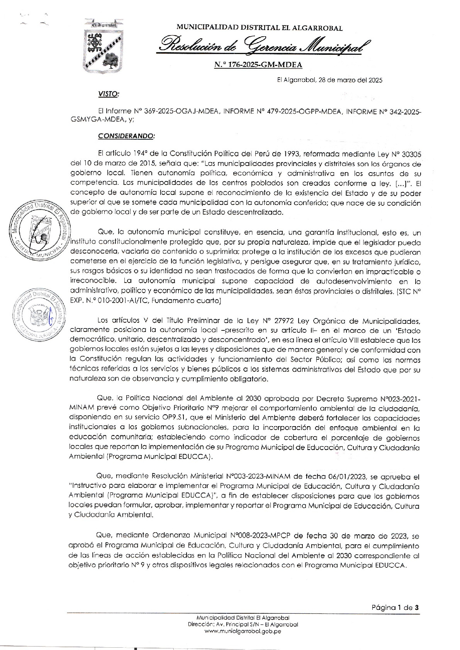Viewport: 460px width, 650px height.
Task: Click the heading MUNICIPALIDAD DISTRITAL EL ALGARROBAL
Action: [259, 28]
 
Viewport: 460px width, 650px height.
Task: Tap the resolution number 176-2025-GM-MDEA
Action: [258, 65]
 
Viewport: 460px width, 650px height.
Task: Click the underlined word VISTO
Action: [109, 94]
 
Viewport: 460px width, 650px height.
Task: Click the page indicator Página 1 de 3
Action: [395, 607]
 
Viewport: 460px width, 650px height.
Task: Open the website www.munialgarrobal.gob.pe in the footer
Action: [243, 631]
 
